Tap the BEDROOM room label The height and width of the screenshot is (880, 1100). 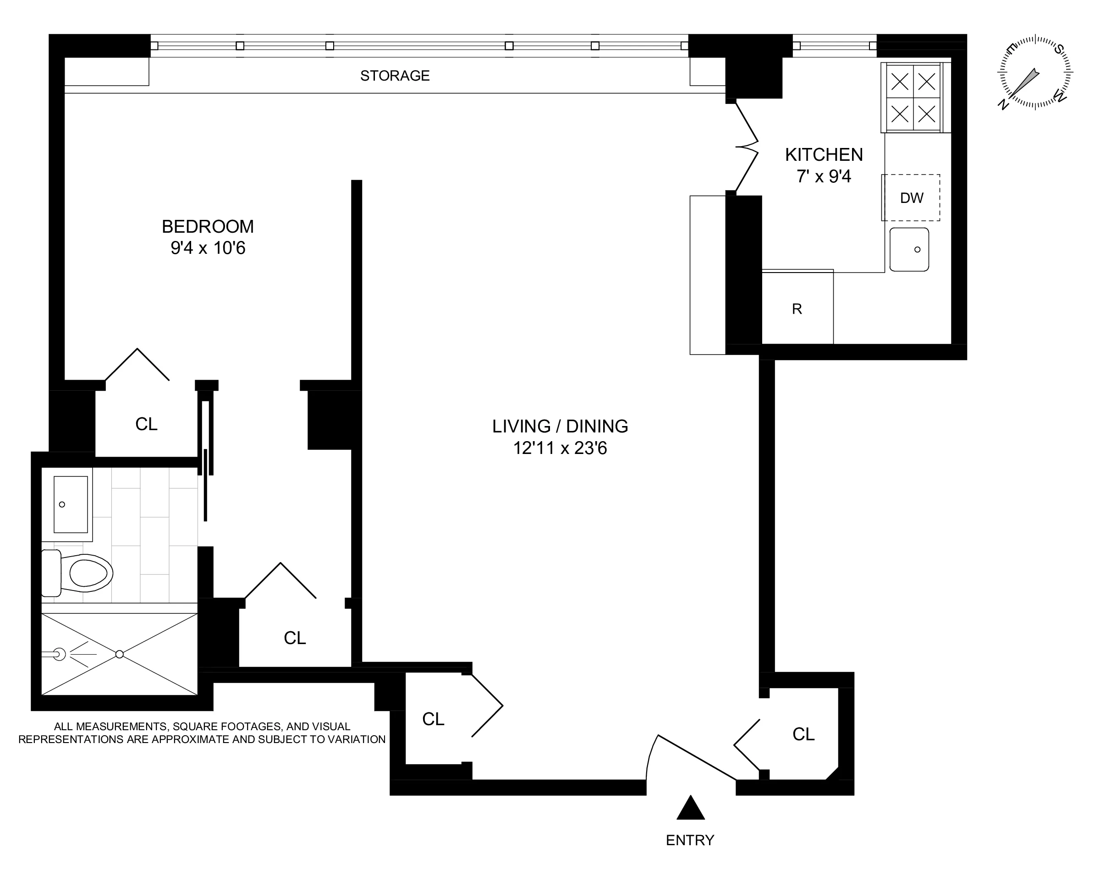click(x=208, y=226)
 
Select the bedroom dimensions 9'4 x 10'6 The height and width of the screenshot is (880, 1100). click(x=208, y=248)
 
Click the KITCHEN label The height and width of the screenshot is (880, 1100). click(x=824, y=154)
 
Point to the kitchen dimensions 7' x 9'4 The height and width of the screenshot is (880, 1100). click(x=824, y=176)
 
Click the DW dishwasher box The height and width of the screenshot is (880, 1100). click(x=911, y=198)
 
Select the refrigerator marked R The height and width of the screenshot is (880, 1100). click(x=797, y=308)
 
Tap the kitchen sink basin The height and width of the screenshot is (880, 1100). click(x=909, y=249)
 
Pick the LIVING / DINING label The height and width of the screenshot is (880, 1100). click(x=560, y=426)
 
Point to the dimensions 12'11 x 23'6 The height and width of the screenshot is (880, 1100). click(x=560, y=448)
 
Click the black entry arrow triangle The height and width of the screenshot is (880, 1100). click(x=690, y=809)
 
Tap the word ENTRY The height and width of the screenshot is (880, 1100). click(x=690, y=840)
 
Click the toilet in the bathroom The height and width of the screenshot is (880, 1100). click(x=84, y=573)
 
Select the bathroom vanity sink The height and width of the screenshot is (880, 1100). click(x=71, y=504)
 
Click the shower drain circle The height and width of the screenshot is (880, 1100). click(x=119, y=654)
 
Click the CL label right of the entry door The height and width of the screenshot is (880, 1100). click(x=803, y=734)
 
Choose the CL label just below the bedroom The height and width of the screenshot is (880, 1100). click(x=146, y=424)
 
